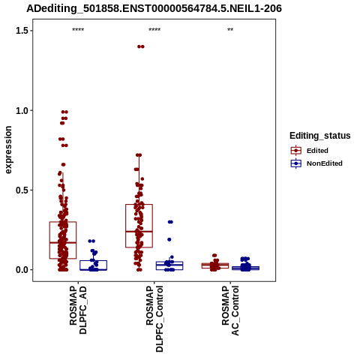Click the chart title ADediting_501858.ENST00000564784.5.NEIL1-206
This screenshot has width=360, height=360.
(154, 8)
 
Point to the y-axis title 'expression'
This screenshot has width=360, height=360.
(8, 150)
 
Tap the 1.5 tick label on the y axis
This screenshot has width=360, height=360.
(20, 31)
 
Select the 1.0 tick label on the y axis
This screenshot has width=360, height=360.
(20, 110)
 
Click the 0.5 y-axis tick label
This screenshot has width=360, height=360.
(20, 190)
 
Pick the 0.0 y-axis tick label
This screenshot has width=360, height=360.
(20, 270)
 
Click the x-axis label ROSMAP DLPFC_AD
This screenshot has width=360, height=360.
(78, 310)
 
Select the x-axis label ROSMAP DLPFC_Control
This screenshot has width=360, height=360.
(154, 319)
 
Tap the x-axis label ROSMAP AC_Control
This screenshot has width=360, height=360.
(230, 310)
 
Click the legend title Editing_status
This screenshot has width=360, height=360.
(320, 136)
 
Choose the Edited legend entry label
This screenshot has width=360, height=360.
(317, 151)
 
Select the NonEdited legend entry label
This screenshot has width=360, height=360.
(325, 163)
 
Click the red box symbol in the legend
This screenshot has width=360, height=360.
(296, 151)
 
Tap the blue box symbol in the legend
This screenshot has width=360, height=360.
(296, 163)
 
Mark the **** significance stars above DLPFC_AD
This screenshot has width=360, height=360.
(78, 30)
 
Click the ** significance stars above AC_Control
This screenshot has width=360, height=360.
(230, 30)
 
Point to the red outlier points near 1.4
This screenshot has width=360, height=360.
(141, 46)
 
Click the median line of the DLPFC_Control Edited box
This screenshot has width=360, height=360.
(139, 232)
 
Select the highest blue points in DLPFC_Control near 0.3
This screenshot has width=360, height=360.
(170, 222)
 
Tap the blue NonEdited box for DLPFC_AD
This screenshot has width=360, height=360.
(94, 265)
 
